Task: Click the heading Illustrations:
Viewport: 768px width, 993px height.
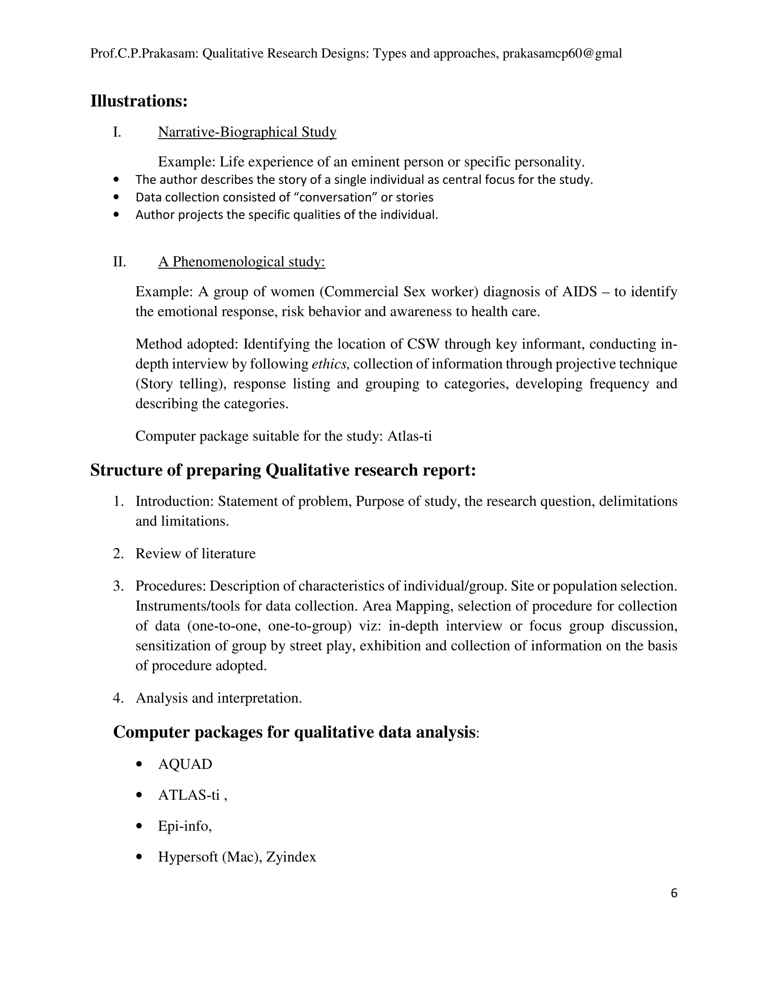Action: (139, 101)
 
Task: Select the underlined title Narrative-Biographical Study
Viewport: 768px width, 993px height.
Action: (247, 132)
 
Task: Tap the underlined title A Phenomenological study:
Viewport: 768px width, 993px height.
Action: (241, 262)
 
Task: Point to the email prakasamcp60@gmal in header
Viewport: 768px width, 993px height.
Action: (562, 54)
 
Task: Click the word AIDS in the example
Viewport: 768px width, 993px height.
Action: (579, 292)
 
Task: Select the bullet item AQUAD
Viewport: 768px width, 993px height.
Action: (185, 764)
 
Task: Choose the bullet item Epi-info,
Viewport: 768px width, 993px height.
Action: (185, 826)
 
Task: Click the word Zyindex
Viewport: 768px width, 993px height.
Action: (291, 857)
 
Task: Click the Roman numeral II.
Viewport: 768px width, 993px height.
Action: (119, 262)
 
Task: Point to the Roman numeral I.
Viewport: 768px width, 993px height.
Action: (117, 132)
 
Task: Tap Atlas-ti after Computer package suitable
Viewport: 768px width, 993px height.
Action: (409, 436)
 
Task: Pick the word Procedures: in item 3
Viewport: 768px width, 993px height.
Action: (171, 586)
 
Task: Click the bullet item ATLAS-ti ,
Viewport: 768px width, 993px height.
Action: (192, 795)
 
